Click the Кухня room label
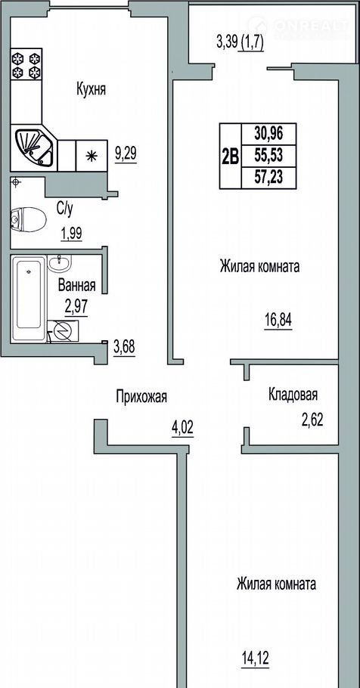click(92, 90)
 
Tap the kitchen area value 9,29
click(126, 154)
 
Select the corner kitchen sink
click(34, 147)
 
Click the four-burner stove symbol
click(26, 65)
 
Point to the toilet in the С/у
click(28, 219)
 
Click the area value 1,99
click(72, 234)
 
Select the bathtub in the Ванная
click(29, 299)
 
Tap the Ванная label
click(77, 286)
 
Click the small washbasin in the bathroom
click(59, 263)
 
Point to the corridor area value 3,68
click(124, 348)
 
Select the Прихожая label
click(141, 397)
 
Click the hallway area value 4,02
click(182, 427)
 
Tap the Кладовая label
click(293, 395)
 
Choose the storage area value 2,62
click(312, 421)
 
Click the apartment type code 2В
click(230, 157)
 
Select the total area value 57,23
click(268, 177)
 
